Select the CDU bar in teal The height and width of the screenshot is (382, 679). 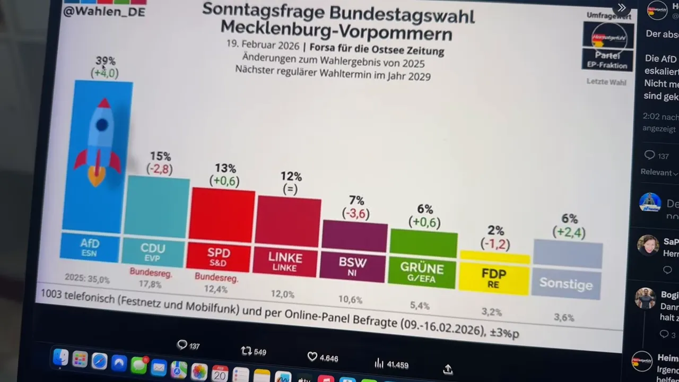pos(157,207)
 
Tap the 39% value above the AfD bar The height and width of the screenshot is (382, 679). pos(105,61)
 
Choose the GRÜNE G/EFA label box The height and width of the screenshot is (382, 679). pos(422,272)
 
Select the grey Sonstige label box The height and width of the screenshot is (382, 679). pos(566,284)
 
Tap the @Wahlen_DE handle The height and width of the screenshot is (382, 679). pos(104,12)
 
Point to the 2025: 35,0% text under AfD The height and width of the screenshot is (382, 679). pos(87,279)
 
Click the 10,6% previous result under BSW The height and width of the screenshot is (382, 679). pos(350,299)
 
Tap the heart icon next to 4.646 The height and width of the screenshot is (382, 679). pos(312,357)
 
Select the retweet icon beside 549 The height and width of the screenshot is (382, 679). pos(246,351)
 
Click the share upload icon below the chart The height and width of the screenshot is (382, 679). pos(447,369)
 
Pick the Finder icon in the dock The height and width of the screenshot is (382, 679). pos(60,358)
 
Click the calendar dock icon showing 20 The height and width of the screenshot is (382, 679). pos(219,374)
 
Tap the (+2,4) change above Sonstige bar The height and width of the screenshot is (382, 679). pos(568,232)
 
